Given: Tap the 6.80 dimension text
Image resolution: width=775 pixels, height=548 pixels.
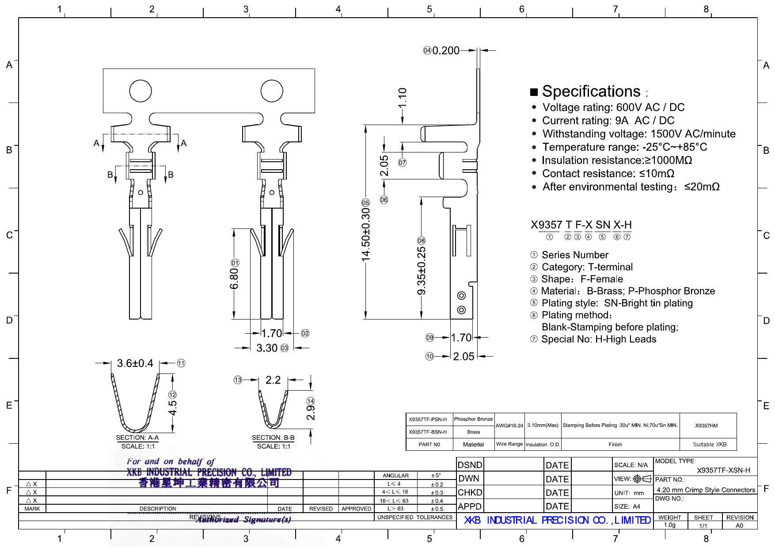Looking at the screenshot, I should click(x=234, y=278).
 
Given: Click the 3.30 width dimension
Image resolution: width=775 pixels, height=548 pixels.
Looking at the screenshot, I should click(x=267, y=348).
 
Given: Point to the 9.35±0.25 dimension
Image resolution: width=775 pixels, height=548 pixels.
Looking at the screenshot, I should click(x=422, y=270).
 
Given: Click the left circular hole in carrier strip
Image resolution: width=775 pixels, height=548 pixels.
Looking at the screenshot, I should click(x=141, y=91).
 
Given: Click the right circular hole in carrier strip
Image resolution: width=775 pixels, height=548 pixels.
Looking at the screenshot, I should click(x=272, y=91).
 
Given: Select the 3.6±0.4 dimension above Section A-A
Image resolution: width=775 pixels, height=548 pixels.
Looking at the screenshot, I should click(x=135, y=363).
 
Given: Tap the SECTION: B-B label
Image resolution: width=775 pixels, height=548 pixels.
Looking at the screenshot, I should click(x=273, y=438).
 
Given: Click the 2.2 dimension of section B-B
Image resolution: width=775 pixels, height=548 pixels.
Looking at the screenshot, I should click(x=273, y=380).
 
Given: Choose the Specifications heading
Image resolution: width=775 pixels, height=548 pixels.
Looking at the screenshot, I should click(x=591, y=91).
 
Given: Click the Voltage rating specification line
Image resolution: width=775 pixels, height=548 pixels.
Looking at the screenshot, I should click(x=613, y=107).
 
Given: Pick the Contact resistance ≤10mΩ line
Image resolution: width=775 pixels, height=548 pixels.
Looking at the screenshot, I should click(x=608, y=174).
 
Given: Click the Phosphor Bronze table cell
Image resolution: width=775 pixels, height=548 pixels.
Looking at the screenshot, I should click(x=473, y=419).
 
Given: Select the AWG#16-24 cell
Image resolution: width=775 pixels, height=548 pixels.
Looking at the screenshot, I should click(x=509, y=426).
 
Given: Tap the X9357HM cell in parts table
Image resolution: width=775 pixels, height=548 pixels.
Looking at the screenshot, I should click(x=706, y=426).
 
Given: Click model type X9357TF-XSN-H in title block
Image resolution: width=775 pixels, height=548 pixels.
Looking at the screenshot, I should click(x=723, y=470).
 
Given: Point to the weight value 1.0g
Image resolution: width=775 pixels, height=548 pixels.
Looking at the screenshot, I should click(x=669, y=525).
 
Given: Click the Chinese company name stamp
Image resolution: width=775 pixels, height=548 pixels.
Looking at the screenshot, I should click(x=209, y=483).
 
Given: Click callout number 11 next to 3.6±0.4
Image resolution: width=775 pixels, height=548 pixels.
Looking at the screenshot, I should click(x=181, y=363).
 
